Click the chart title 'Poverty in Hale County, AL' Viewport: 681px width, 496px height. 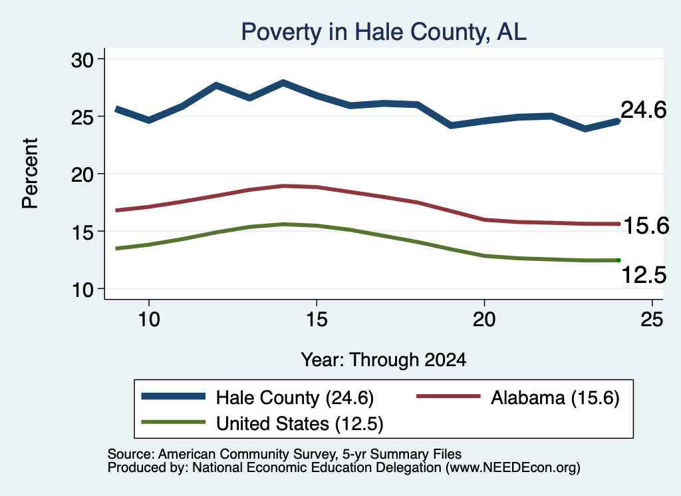(x=384, y=32)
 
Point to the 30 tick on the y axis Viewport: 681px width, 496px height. (x=82, y=60)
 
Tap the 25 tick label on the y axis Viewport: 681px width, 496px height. (x=82, y=117)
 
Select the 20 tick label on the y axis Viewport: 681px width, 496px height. (x=82, y=174)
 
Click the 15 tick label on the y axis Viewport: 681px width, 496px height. (x=82, y=232)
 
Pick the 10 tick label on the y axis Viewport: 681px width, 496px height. (x=82, y=290)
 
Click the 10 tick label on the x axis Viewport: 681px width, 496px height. (x=149, y=320)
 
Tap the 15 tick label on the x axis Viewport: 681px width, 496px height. (x=317, y=320)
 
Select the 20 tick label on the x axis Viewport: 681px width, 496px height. (x=484, y=320)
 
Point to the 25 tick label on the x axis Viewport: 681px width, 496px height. (x=652, y=320)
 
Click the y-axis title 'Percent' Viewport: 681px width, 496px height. (x=31, y=174)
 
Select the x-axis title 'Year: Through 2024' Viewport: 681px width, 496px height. (x=384, y=360)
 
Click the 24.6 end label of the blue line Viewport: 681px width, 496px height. (x=643, y=110)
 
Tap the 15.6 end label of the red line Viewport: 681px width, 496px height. (x=646, y=226)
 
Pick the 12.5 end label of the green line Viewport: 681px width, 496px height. (x=644, y=275)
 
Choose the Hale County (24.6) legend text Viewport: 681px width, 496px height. (x=295, y=397)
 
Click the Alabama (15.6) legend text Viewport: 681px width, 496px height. (x=555, y=397)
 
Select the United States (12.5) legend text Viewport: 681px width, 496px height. (x=300, y=423)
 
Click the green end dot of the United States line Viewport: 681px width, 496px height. (x=618, y=260)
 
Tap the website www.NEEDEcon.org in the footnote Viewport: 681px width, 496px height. (x=513, y=468)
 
